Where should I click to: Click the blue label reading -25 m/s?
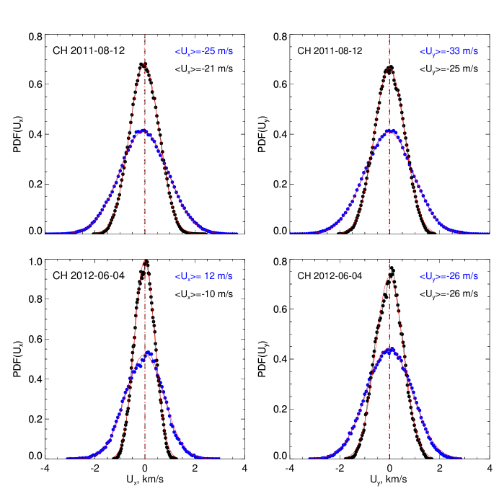[x=204, y=52]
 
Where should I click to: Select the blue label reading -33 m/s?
[x=449, y=52]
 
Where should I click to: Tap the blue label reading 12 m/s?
[x=204, y=276]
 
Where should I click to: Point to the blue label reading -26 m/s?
[x=449, y=276]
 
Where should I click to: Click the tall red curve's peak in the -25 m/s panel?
[x=144, y=65]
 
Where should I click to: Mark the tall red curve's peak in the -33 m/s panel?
[x=389, y=68]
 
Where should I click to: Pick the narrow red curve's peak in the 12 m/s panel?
[x=145, y=261]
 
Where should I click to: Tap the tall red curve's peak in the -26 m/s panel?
[x=389, y=277]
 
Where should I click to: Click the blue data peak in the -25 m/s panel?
[x=142, y=131]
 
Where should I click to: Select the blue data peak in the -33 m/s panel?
[x=390, y=131]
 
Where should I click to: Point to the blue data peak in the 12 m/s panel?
[x=148, y=353]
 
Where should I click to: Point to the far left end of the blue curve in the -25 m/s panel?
[x=47, y=233]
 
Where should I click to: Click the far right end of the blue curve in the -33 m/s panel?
[x=488, y=233]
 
